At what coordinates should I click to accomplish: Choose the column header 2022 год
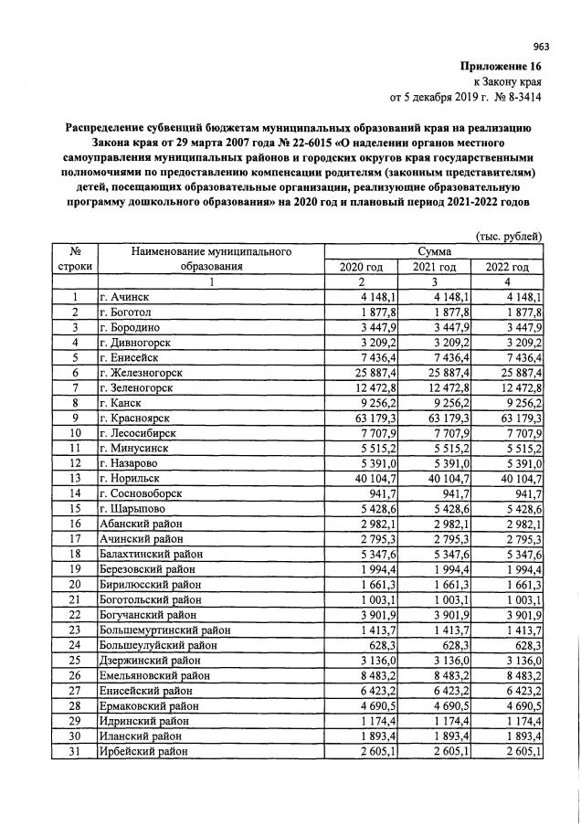point(507,267)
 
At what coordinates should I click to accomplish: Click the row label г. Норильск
point(133,478)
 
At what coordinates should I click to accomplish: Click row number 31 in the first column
point(75,750)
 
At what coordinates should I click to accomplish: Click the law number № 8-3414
point(517,95)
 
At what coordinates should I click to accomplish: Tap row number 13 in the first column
point(75,478)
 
